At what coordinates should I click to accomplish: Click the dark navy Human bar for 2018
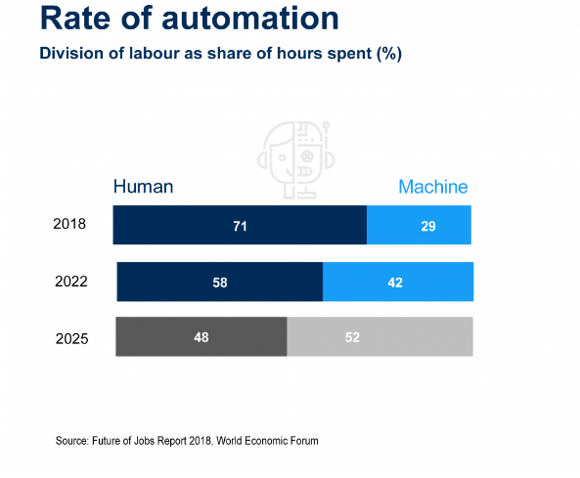click(240, 225)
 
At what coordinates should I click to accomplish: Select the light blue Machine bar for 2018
click(419, 225)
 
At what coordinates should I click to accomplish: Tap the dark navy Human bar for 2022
click(220, 282)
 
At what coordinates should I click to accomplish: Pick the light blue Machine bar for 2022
click(398, 282)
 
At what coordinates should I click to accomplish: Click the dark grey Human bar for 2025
click(201, 336)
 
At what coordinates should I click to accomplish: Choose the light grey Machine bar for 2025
click(379, 336)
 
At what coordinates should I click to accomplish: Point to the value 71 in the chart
click(240, 226)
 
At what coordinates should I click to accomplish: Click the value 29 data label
click(428, 226)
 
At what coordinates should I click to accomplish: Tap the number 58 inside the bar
click(220, 282)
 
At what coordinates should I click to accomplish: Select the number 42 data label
click(395, 282)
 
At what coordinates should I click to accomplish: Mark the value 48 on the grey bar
click(201, 337)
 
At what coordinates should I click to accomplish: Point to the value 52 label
click(352, 337)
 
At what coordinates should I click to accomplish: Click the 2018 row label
click(69, 224)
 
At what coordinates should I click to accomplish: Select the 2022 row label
click(71, 282)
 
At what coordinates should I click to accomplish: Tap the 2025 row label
click(72, 338)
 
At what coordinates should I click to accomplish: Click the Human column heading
click(143, 187)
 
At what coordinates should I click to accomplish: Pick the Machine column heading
click(433, 187)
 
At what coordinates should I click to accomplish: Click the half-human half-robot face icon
click(296, 159)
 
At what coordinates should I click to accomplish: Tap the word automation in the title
click(250, 19)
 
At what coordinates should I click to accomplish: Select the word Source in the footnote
click(71, 441)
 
